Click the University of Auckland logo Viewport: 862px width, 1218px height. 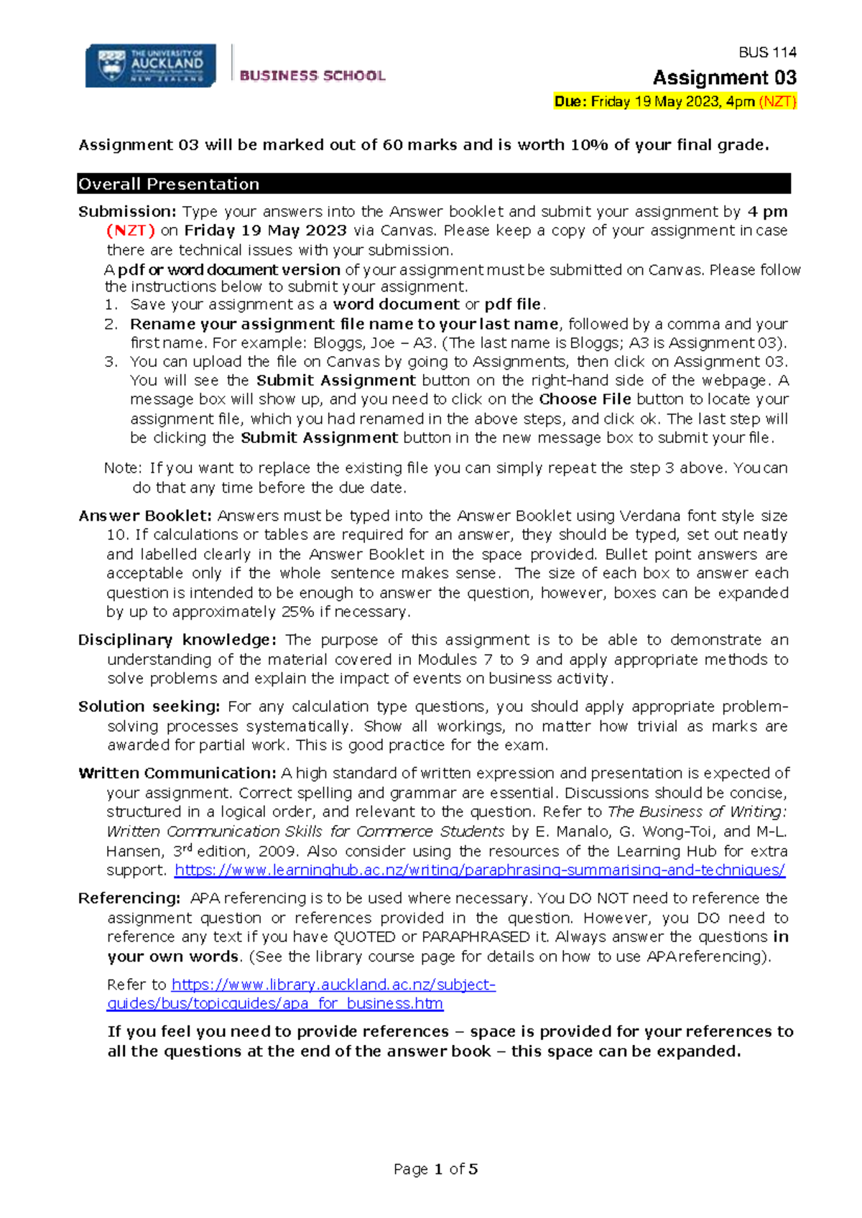pyautogui.click(x=150, y=66)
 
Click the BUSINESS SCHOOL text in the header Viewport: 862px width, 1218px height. pyautogui.click(x=312, y=75)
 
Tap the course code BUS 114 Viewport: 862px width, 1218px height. pyautogui.click(x=767, y=52)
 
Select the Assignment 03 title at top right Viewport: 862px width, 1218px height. pyautogui.click(x=724, y=78)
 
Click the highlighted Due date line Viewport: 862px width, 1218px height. pyautogui.click(x=675, y=101)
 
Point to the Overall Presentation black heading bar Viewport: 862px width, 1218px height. pyautogui.click(x=434, y=184)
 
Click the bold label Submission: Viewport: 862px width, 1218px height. pyautogui.click(x=127, y=212)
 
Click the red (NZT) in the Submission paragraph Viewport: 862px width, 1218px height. pyautogui.click(x=131, y=231)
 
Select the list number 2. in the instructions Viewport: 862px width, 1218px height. pyautogui.click(x=111, y=324)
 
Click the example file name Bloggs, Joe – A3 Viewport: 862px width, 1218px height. pyautogui.click(x=372, y=343)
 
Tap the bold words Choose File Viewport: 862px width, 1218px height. pyautogui.click(x=585, y=399)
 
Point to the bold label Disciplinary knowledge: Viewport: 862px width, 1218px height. pyautogui.click(x=177, y=640)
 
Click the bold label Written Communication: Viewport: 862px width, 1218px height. pyautogui.click(x=177, y=773)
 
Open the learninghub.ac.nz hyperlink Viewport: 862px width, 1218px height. pyautogui.click(x=480, y=870)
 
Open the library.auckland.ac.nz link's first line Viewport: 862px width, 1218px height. pyautogui.click(x=333, y=985)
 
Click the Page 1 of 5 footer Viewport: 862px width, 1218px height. pyautogui.click(x=435, y=1169)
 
